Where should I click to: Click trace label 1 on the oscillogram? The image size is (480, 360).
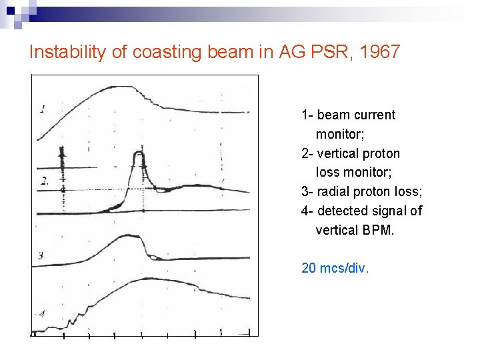point(43,109)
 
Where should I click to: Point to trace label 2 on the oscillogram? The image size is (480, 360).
point(45,181)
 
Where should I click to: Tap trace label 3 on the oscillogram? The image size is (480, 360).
point(41,255)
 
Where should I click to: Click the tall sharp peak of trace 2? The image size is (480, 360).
point(140,154)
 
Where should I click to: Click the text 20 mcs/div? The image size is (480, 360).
point(335,268)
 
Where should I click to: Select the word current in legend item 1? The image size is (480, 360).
point(374,115)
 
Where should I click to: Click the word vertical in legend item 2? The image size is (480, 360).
point(337,153)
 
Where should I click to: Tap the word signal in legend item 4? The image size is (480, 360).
point(391,211)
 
